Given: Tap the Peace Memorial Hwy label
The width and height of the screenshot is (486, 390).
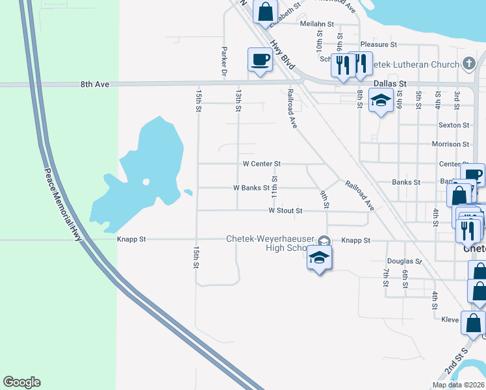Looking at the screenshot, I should click(x=62, y=206).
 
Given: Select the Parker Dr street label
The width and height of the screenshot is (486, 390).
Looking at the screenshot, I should click(x=224, y=62).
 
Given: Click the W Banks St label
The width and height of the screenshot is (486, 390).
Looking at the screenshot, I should click(x=251, y=188).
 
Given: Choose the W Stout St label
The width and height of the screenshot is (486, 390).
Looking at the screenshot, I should click(x=286, y=211).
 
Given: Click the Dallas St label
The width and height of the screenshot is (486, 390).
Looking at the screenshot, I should click(x=390, y=84).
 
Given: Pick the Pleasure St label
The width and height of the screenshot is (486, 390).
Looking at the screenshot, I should click(x=378, y=45).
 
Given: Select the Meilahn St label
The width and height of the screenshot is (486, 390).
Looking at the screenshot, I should click(x=317, y=24).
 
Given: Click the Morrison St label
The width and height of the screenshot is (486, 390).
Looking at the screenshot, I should click(x=450, y=144).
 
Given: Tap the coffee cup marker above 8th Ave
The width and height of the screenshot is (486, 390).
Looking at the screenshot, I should click(x=260, y=60).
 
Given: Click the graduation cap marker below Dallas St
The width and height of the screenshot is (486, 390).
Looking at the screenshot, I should click(x=380, y=101).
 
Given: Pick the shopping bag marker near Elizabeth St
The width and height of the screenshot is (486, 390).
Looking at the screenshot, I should click(x=265, y=12).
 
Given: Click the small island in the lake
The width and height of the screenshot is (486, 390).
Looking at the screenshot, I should click(x=146, y=182).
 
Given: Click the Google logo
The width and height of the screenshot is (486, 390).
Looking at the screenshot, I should click(x=21, y=382).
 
